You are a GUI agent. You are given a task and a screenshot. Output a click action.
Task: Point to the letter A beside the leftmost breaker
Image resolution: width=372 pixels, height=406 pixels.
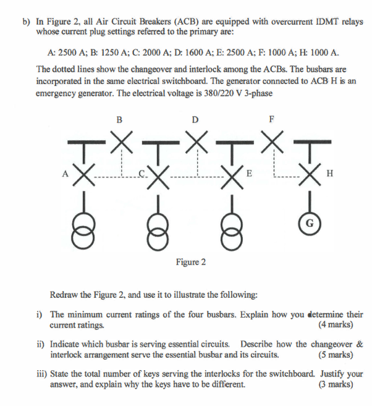coord(64,174)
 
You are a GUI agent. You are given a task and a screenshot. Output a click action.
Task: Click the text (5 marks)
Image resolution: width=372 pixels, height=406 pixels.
coord(336,355)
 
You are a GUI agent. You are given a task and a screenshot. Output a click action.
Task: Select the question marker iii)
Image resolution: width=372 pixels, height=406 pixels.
coord(42,374)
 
